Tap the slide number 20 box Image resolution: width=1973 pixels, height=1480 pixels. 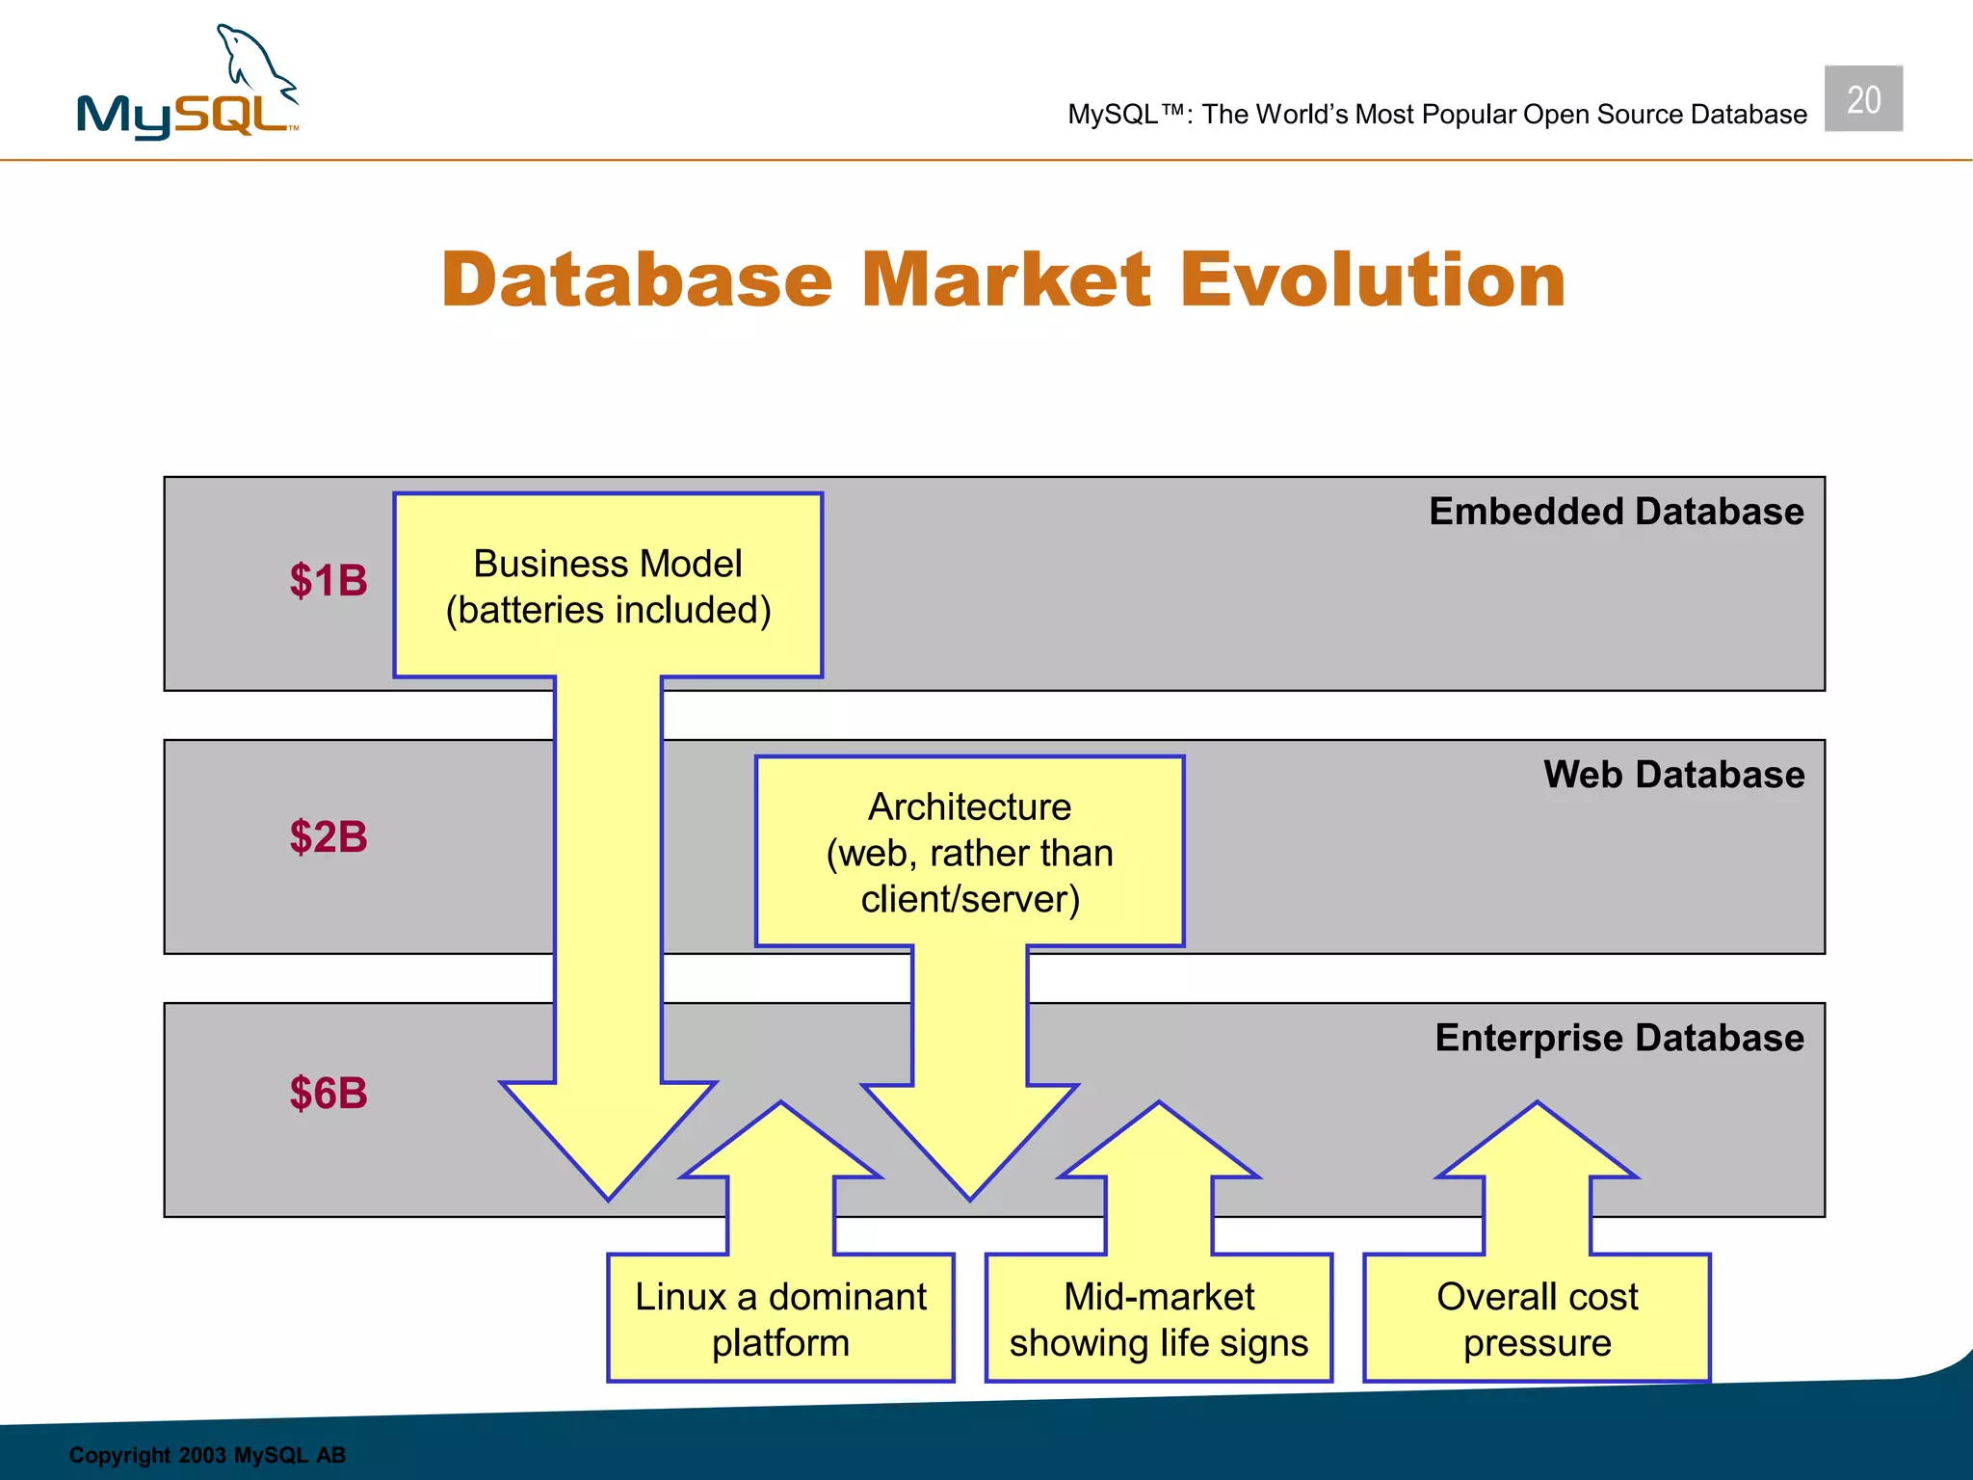(1862, 99)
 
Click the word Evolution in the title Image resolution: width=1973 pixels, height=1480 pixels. (1373, 280)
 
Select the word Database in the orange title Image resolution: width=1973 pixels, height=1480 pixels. (637, 280)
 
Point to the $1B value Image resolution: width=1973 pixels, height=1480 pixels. (329, 581)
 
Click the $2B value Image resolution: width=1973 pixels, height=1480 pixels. (329, 836)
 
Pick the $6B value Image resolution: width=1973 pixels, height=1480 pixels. (329, 1093)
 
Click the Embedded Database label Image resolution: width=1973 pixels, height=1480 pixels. (1616, 512)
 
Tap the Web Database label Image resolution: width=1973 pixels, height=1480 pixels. (1673, 775)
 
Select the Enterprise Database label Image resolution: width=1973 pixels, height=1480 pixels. (1618, 1038)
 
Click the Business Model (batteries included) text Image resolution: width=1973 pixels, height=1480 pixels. (608, 587)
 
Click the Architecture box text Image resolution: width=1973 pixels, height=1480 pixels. (969, 853)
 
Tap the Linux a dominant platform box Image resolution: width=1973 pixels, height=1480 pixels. (780, 1319)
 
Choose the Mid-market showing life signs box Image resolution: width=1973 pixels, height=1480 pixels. (1158, 1319)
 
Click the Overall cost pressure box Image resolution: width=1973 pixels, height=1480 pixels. (1537, 1319)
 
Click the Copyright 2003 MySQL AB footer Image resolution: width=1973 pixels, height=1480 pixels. (207, 1455)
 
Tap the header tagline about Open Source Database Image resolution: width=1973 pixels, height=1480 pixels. (1436, 115)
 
